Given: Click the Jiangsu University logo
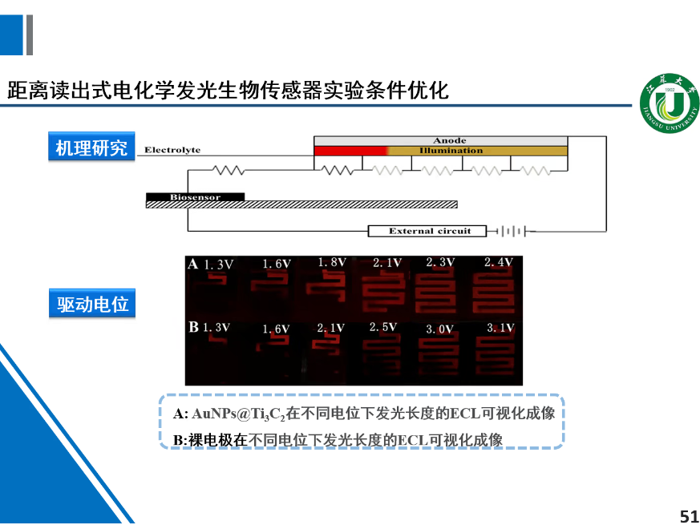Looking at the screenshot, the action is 670,103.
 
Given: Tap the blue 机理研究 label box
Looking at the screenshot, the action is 91,147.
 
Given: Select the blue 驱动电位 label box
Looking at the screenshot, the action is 92,304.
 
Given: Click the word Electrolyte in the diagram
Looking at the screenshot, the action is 172,150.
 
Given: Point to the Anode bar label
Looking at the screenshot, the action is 450,140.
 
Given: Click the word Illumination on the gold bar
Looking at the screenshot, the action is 451,151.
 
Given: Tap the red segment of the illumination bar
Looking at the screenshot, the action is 351,151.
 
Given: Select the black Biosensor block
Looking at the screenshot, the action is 195,197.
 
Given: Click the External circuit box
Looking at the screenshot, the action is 427,232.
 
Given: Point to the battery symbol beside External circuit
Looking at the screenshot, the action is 513,232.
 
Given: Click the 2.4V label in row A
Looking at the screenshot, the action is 498,262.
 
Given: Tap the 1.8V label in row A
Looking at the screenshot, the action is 332,263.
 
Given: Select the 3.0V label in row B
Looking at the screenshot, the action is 439,329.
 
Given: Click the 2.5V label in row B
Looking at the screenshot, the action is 383,327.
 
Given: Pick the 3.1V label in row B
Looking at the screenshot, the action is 500,328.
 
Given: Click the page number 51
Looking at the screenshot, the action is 689,516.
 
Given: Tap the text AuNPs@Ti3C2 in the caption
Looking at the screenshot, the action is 238,414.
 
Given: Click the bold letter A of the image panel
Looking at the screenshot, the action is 193,264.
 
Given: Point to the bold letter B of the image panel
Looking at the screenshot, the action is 193,327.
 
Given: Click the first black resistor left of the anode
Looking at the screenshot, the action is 229,170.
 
